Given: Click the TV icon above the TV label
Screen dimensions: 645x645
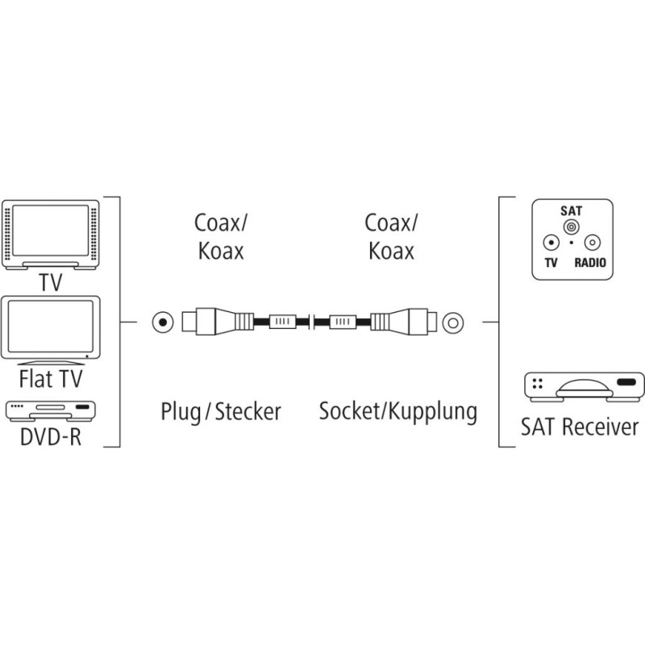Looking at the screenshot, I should click(x=50, y=234).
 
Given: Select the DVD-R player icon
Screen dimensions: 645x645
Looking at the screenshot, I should click(x=50, y=410).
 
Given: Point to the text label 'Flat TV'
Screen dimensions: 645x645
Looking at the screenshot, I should click(x=50, y=379).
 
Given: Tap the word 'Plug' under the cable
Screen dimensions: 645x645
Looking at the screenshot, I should click(x=182, y=412).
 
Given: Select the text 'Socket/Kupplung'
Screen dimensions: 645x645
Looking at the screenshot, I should click(x=397, y=411).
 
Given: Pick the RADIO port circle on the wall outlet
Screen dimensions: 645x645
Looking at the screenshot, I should click(x=592, y=243).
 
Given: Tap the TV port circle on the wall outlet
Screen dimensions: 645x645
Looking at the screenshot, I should click(x=550, y=243).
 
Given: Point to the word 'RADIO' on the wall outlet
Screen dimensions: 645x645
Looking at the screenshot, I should click(x=591, y=264).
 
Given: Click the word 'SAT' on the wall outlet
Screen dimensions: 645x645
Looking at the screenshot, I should click(x=571, y=210).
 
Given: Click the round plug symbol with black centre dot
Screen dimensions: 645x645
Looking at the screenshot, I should click(x=163, y=322).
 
